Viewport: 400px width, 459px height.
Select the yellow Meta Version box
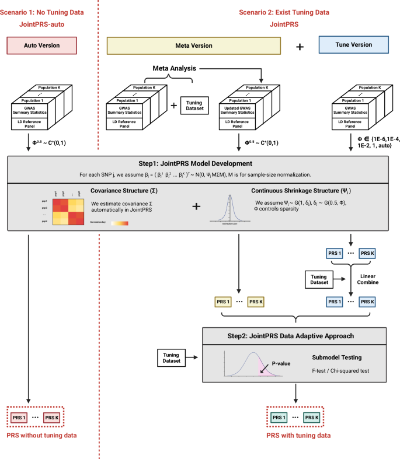(194, 45)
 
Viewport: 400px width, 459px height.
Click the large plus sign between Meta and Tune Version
(300, 46)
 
